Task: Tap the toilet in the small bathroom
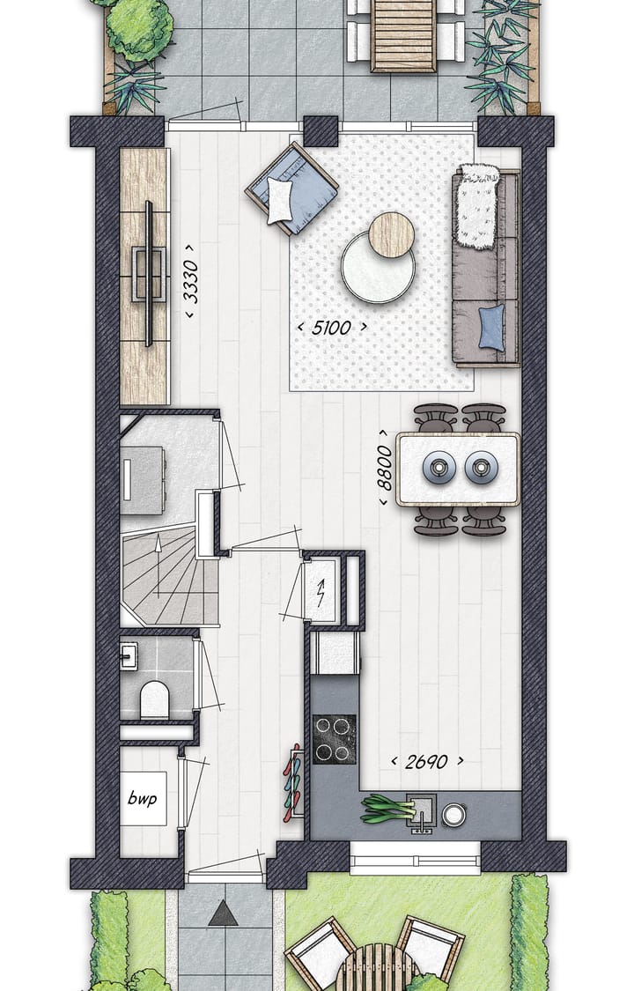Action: point(154,699)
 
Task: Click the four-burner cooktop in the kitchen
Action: point(333,738)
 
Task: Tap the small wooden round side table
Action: point(390,235)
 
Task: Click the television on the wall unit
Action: point(149,272)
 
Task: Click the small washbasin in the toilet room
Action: point(128,655)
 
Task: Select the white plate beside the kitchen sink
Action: point(453,815)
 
